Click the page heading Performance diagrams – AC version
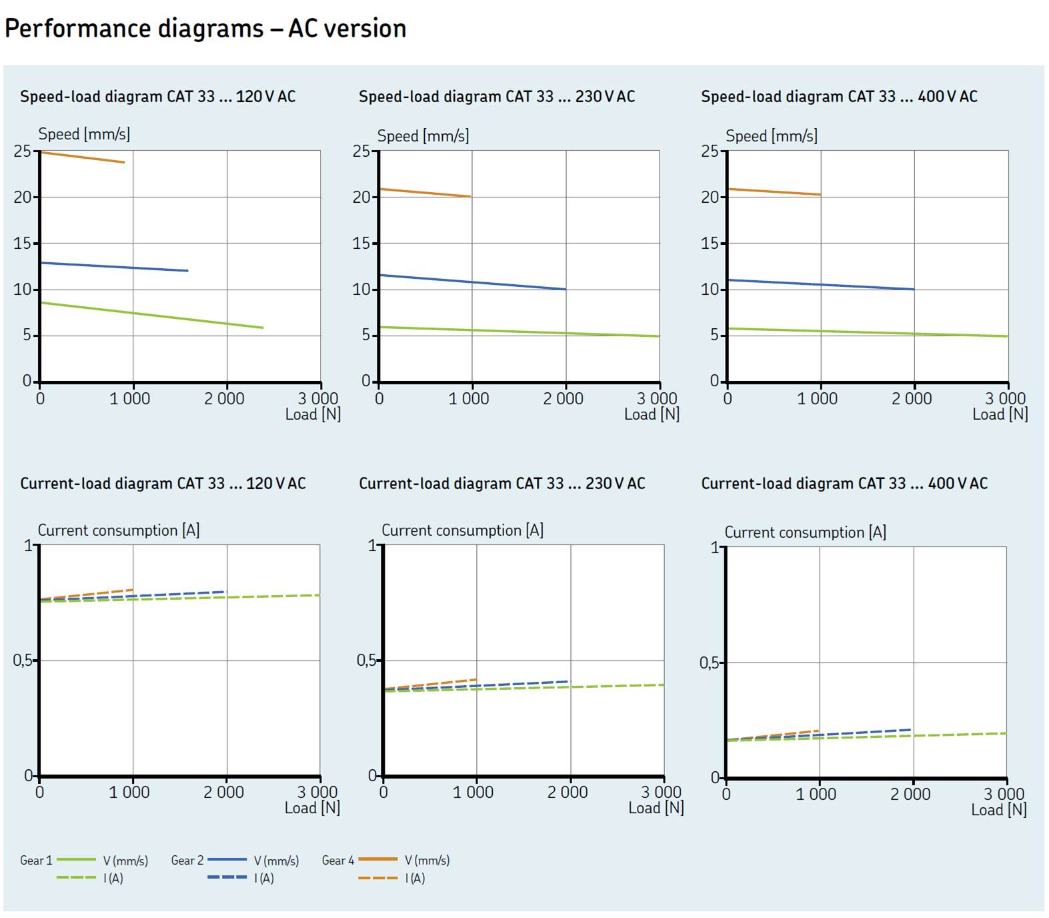point(205,29)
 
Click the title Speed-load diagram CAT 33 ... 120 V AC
point(157,97)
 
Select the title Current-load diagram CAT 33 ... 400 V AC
point(844,484)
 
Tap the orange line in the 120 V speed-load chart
point(83,157)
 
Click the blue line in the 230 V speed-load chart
point(472,282)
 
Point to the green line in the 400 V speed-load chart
point(867,332)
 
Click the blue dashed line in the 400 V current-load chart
point(867,733)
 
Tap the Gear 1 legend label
point(36,861)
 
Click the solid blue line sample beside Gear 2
point(227,860)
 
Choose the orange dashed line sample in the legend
point(377,878)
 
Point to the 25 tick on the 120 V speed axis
point(23,151)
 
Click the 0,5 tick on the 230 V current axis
point(366,660)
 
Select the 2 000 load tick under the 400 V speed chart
point(912,399)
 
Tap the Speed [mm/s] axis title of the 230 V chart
point(423,136)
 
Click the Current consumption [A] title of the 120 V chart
point(119,530)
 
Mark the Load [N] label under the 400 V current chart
point(998,810)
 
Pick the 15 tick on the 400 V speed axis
point(710,244)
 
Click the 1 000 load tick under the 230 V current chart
point(473,793)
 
